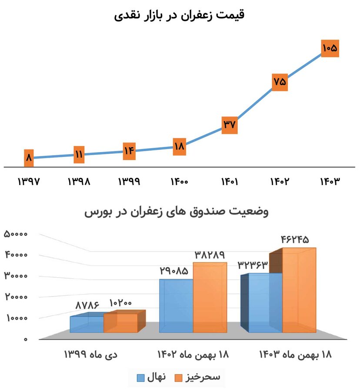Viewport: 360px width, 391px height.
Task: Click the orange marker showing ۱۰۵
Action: click(x=330, y=48)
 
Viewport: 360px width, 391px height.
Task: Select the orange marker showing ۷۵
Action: click(x=280, y=82)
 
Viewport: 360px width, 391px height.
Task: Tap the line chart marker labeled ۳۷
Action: click(x=229, y=125)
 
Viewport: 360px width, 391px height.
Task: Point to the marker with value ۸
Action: click(x=29, y=158)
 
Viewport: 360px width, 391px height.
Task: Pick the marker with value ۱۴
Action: click(x=129, y=151)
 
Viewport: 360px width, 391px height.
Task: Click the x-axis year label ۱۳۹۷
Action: click(x=29, y=182)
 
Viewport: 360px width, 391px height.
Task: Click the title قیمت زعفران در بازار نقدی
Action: click(x=180, y=15)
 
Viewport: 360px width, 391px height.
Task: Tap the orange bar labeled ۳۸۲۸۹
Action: click(x=210, y=298)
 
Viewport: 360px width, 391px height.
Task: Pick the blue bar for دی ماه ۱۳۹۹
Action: click(x=87, y=325)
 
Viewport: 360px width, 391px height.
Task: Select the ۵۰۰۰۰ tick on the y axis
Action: click(x=16, y=234)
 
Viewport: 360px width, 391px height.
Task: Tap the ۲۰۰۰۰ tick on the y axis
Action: click(x=16, y=297)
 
